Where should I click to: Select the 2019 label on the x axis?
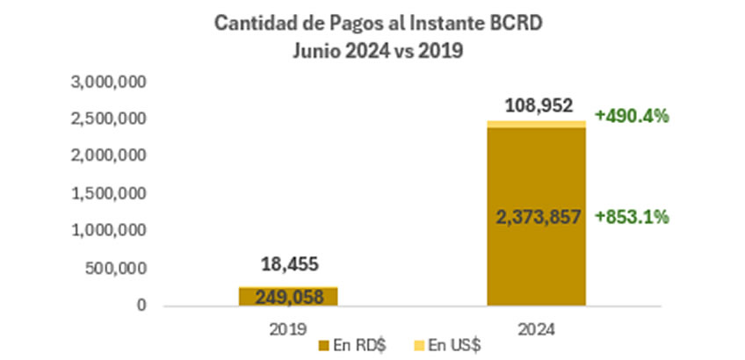pos(288,329)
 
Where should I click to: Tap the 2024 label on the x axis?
pos(537,329)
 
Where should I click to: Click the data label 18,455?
pos(288,263)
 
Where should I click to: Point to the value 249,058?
pos(288,297)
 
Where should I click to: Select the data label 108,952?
pos(537,107)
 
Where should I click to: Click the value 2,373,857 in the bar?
pos(537,217)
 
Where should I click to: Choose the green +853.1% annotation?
pos(632,217)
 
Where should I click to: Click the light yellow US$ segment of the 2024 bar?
pos(537,125)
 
